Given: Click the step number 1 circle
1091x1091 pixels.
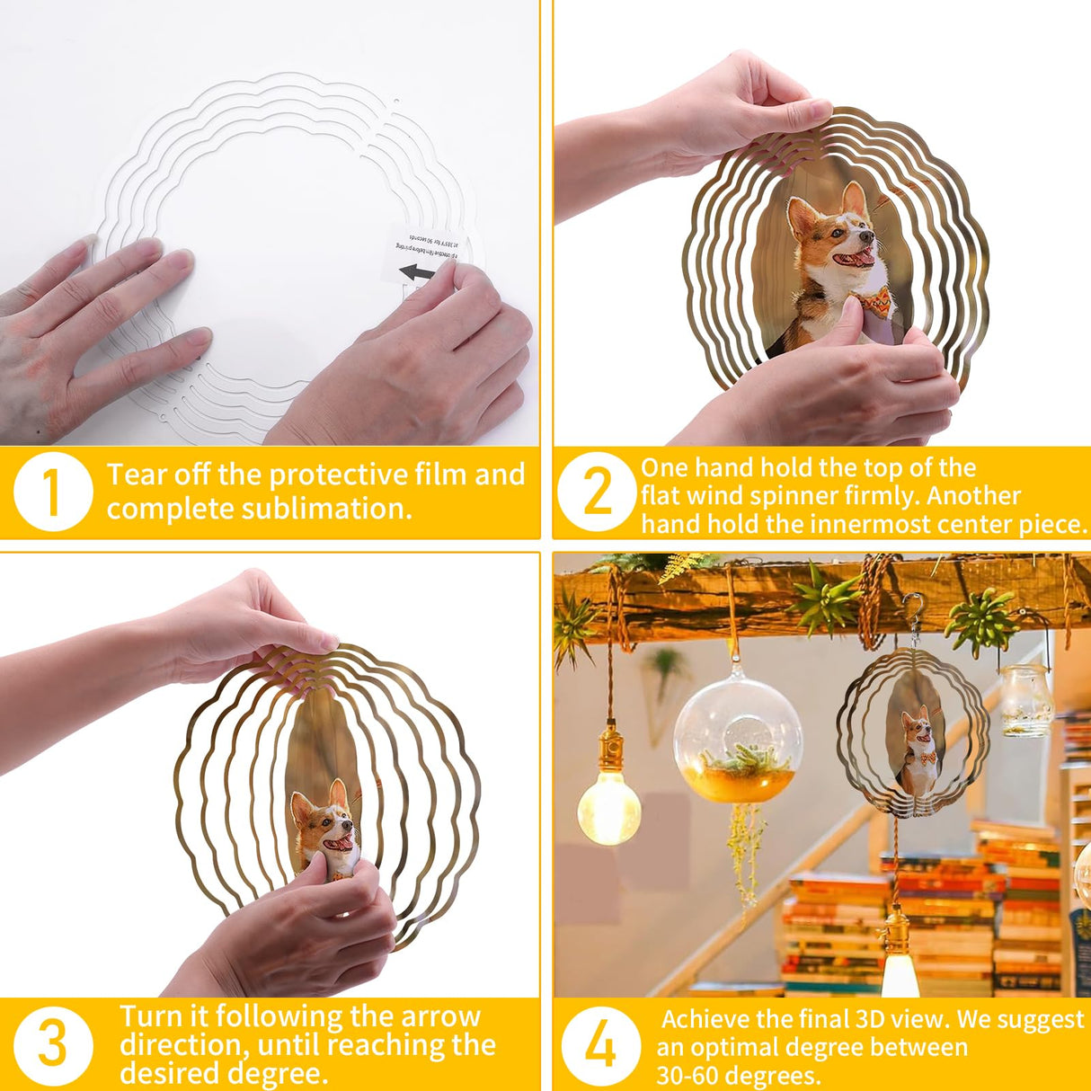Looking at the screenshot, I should tap(53, 492).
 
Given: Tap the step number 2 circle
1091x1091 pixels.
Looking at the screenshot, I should tap(597, 492).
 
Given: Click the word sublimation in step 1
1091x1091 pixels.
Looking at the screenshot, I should tap(350, 509).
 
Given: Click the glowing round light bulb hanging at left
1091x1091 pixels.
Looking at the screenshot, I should tap(608, 807).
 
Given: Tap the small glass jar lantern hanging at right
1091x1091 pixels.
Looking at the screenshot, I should tap(1026, 698).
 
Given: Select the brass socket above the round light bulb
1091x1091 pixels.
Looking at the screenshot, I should tap(611, 746).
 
